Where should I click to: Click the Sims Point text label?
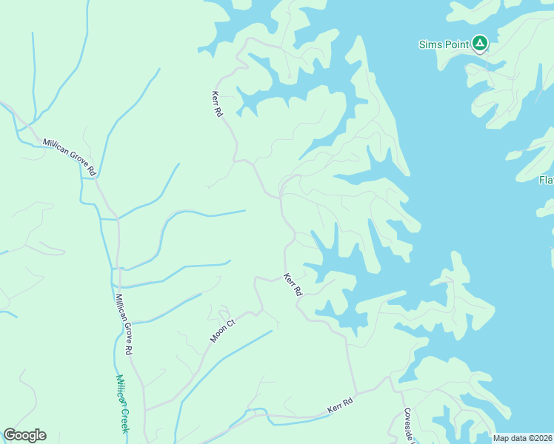[444, 44]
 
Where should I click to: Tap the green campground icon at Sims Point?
[480, 44]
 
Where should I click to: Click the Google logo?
[24, 435]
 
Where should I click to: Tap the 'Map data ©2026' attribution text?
[523, 438]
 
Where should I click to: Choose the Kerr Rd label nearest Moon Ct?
[293, 285]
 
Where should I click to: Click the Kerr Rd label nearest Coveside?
[340, 405]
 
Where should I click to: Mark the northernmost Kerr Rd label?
[218, 104]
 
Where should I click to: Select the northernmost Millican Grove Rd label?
[70, 156]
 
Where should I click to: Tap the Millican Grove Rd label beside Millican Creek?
[124, 323]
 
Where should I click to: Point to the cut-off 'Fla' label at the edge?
[546, 180]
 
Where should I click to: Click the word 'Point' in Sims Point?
[455, 44]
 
